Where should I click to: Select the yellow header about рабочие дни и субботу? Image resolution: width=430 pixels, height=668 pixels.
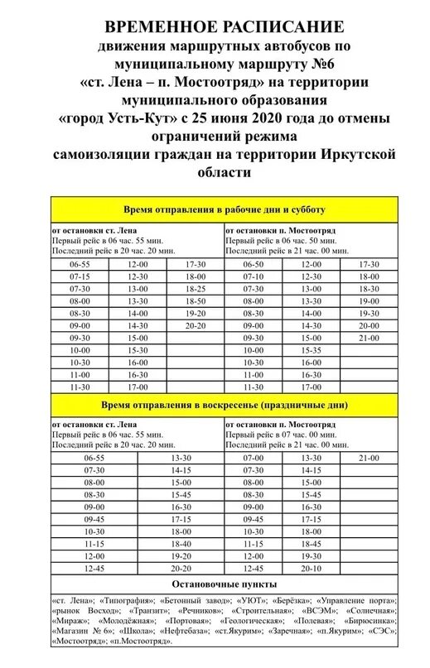tap(225, 210)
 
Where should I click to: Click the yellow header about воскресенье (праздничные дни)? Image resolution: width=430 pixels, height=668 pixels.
tap(225, 406)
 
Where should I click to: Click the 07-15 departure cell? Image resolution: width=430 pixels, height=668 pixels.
tap(80, 276)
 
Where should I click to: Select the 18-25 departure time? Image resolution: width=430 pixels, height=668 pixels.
tap(195, 289)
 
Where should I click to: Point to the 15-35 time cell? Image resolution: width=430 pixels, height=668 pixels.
tap(312, 350)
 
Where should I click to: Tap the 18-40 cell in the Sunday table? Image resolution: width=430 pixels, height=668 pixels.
tap(181, 543)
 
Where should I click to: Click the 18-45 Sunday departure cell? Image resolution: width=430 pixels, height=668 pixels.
tap(312, 543)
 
